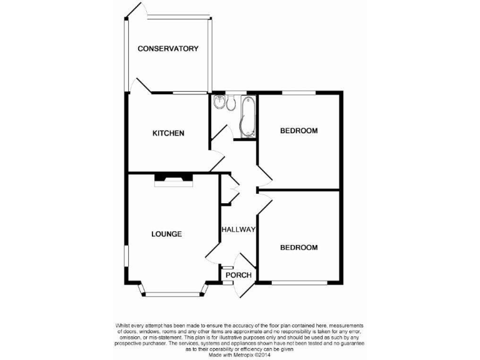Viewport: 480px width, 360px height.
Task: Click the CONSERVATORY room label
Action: (x=168, y=49)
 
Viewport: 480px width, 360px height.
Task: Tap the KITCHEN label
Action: (x=169, y=133)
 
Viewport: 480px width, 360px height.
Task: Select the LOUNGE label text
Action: (x=166, y=234)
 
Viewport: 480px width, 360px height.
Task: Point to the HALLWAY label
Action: (x=238, y=230)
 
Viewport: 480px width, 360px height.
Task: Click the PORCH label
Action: (x=238, y=275)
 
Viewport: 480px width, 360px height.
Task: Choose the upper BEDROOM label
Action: (x=299, y=131)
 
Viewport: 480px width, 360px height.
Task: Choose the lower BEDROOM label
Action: (x=299, y=247)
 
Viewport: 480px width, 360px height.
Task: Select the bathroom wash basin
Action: (x=218, y=102)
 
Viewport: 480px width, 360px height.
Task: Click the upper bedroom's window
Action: (x=299, y=93)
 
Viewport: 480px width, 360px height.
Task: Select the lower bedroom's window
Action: (x=299, y=282)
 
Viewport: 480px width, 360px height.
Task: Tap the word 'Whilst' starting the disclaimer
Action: (x=123, y=326)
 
